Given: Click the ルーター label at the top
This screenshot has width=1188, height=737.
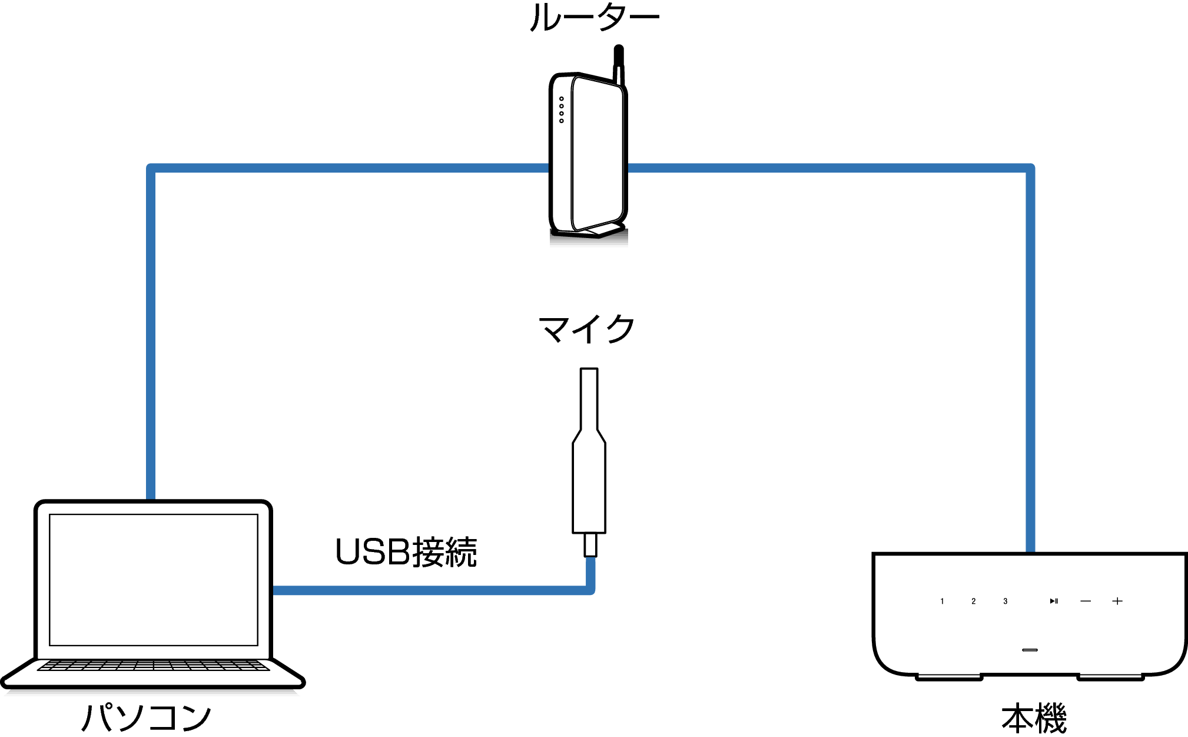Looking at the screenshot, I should tap(594, 18).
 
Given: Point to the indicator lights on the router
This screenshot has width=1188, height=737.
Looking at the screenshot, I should tap(562, 110).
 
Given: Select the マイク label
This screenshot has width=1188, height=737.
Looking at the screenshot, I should tap(586, 329).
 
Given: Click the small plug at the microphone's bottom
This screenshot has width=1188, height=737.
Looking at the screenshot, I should tap(590, 545).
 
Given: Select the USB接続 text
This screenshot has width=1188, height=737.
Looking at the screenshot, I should tap(406, 553).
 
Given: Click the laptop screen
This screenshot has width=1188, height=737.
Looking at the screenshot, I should tap(154, 580).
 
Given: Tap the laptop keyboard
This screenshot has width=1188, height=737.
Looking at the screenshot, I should tap(154, 666).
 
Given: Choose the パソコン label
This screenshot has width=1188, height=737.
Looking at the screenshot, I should tap(146, 717).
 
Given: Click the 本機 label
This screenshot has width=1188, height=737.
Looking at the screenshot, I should tap(1034, 718).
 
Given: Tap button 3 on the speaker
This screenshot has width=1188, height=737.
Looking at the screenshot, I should tap(1006, 602).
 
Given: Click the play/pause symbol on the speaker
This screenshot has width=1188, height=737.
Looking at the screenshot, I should tap(1054, 602).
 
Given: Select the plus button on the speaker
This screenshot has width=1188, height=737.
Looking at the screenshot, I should tap(1117, 602).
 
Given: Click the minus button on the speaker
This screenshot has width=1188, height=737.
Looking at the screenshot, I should tap(1086, 602).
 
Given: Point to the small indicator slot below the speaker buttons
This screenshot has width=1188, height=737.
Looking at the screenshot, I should tap(1030, 650).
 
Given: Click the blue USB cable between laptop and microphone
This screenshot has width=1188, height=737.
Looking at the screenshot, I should tap(430, 590).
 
